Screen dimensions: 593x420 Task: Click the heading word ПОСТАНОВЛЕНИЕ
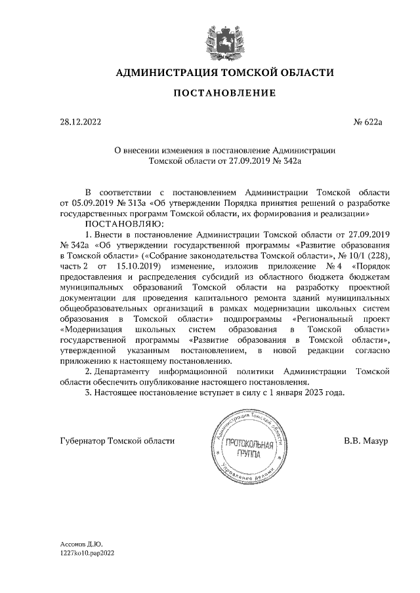(x=224, y=93)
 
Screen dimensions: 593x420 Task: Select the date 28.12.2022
(x=79, y=122)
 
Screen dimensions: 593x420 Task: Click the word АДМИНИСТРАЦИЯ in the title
(x=165, y=72)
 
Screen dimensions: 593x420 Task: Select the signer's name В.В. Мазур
(x=366, y=441)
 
